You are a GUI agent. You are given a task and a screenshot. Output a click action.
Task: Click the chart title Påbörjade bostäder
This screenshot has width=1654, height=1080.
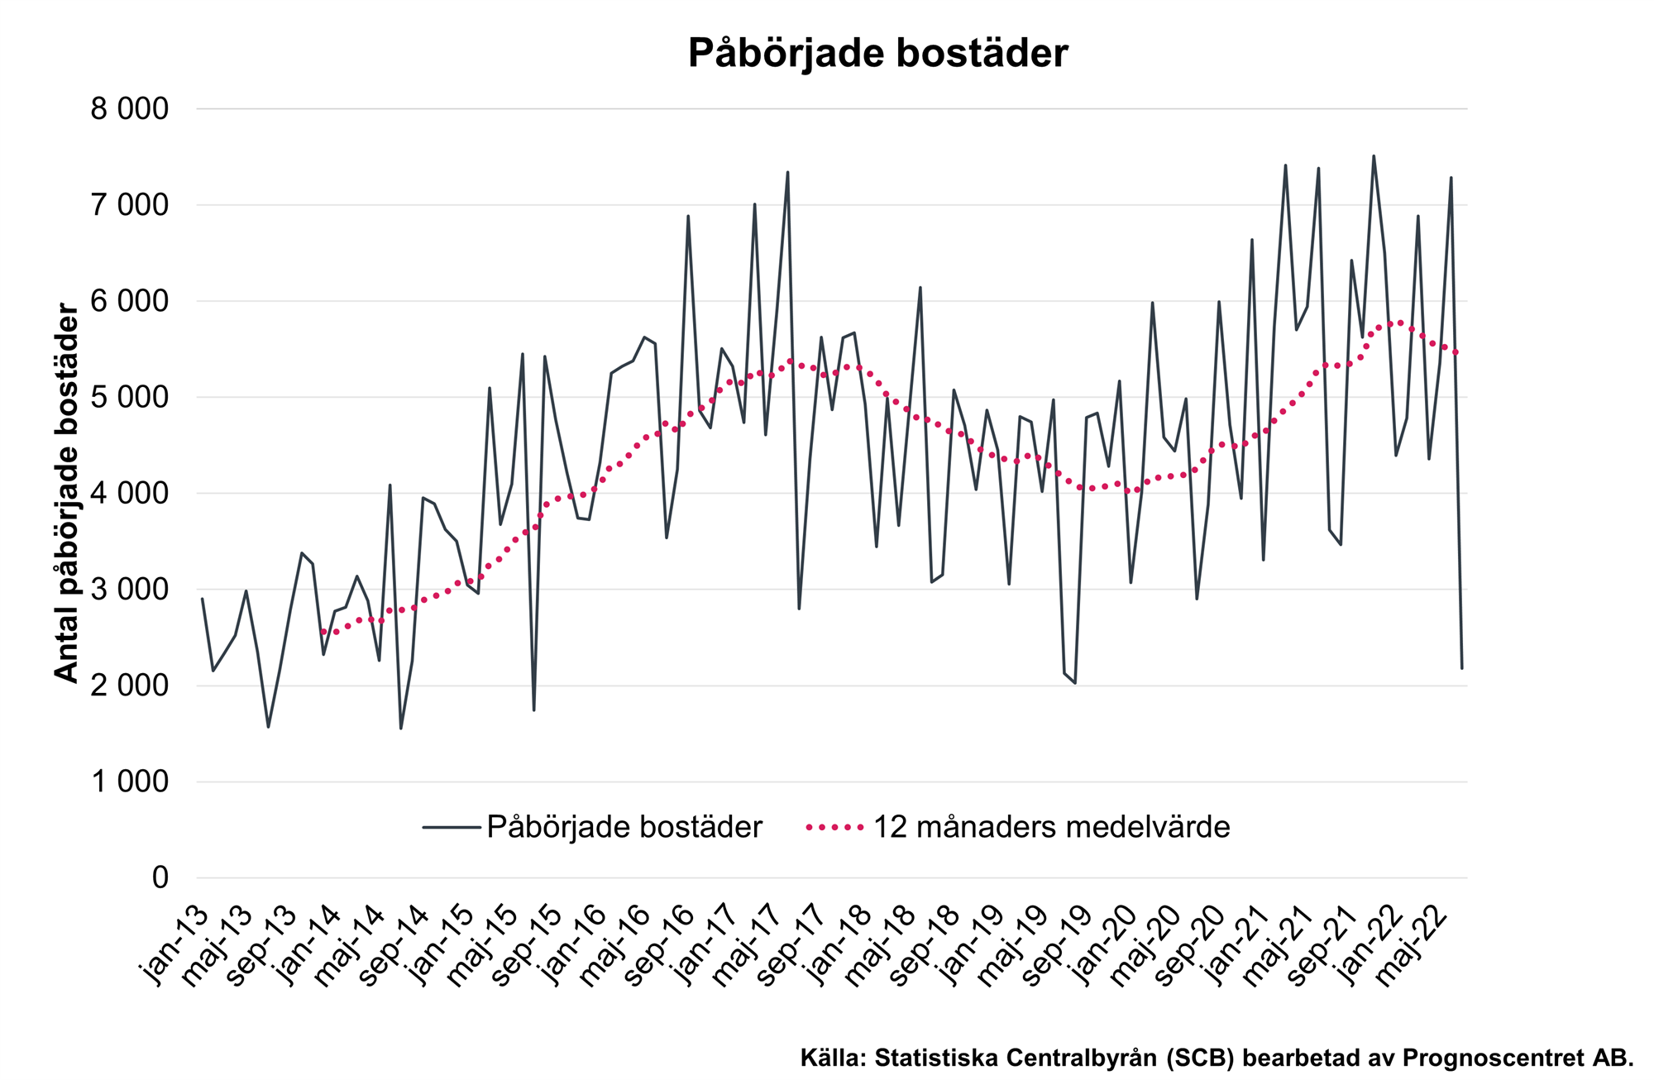tap(877, 53)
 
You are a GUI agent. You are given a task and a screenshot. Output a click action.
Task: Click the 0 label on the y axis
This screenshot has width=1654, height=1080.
tap(160, 878)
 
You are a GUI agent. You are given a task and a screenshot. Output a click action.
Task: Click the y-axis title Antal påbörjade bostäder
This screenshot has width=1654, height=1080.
tap(66, 493)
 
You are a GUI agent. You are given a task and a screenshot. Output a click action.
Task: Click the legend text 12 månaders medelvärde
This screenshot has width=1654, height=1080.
tap(1051, 827)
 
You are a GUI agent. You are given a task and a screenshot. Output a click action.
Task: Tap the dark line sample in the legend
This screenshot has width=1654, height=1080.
tap(451, 827)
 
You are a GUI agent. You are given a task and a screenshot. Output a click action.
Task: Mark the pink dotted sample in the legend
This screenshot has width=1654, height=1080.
tap(836, 827)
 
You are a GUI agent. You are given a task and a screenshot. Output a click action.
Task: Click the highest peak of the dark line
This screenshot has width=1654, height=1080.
tap(1374, 156)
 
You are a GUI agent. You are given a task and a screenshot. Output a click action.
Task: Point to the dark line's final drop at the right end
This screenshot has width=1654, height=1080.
tap(1462, 667)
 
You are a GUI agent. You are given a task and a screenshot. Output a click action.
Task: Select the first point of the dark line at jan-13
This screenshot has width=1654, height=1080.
tap(202, 599)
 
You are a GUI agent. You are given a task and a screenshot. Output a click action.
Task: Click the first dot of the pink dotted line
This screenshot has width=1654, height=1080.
tap(323, 632)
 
